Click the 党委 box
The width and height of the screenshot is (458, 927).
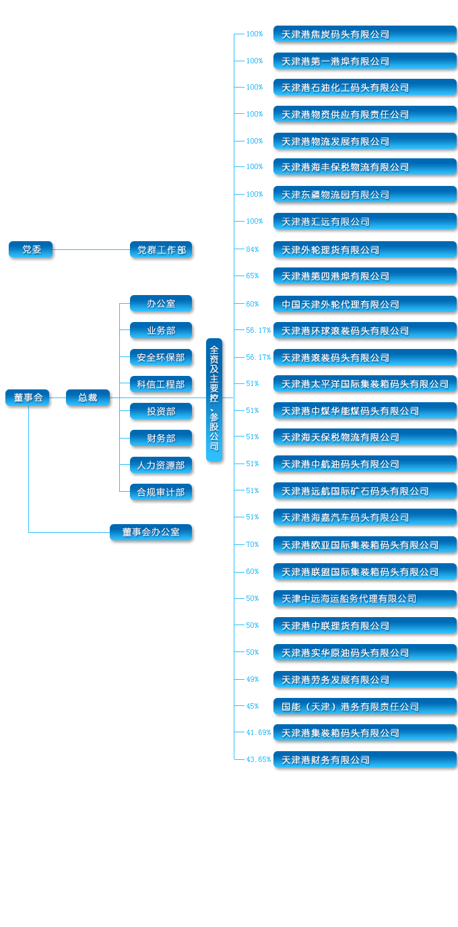[x=30, y=249]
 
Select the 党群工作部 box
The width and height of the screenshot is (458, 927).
[x=161, y=249]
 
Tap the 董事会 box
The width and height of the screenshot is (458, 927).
[x=28, y=397]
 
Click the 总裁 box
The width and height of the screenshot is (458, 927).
[x=88, y=397]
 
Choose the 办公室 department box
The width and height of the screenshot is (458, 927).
[x=161, y=303]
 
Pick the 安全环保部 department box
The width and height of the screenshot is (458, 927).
[x=161, y=357]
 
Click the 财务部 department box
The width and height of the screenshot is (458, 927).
[x=161, y=438]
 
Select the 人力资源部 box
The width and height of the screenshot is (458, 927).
[x=161, y=465]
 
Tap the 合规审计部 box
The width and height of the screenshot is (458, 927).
[x=161, y=492]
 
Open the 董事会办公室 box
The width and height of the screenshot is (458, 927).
[x=151, y=532]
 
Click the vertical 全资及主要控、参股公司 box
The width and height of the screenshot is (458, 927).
[x=214, y=399]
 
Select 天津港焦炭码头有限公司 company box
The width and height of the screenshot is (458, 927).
[x=364, y=34]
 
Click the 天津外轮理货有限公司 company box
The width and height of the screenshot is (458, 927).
[x=364, y=249]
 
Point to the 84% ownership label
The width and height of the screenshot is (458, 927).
[x=252, y=249]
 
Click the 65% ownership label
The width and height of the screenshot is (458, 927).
[x=252, y=276]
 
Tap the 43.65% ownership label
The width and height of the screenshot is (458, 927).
[x=258, y=760]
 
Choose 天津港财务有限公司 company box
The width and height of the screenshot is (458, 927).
[x=364, y=760]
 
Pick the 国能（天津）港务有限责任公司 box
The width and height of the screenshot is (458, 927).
[x=364, y=706]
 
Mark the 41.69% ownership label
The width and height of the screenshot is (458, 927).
[x=258, y=732]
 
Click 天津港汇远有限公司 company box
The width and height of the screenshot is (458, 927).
[x=364, y=221]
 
